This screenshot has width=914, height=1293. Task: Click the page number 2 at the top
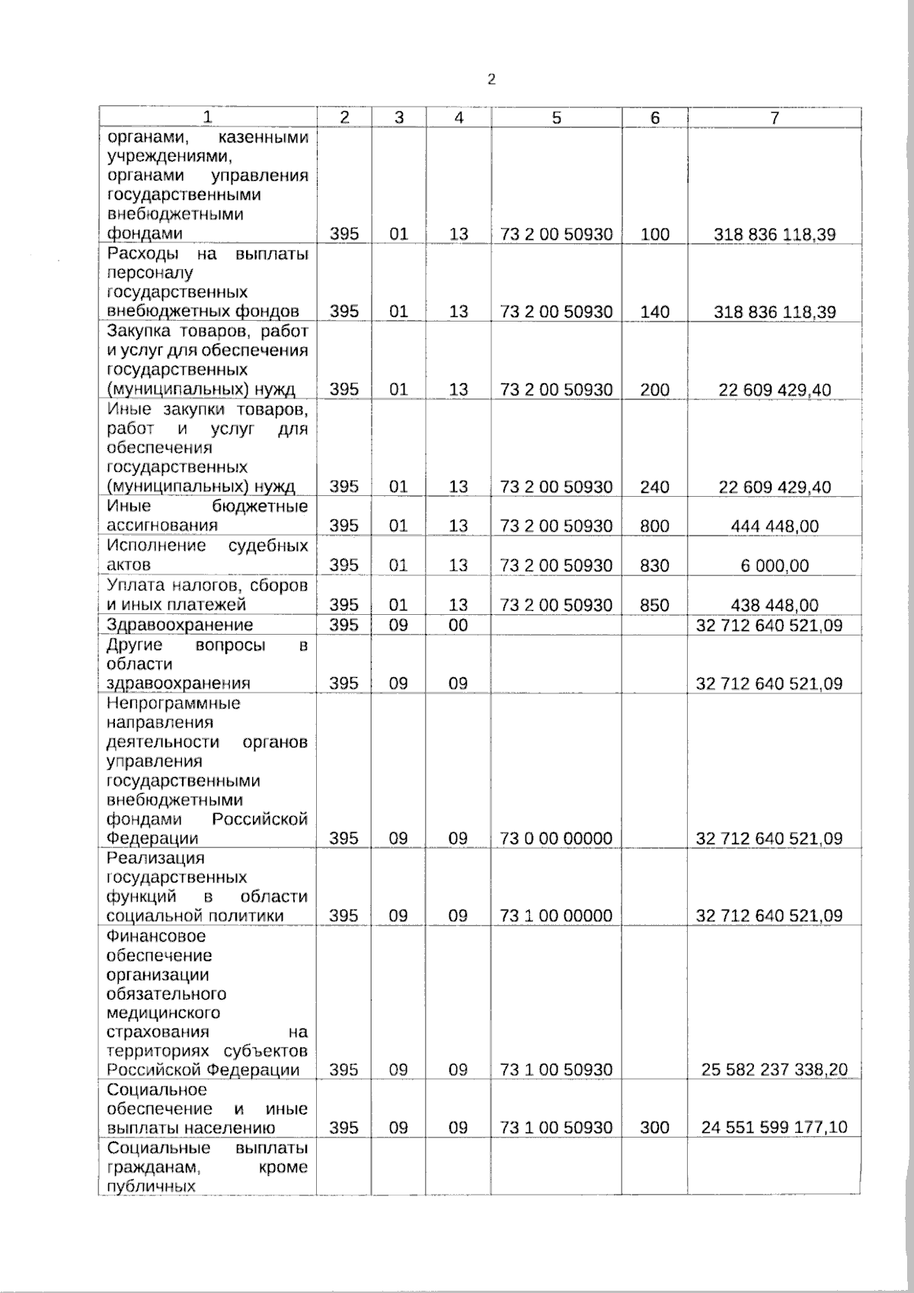click(x=491, y=79)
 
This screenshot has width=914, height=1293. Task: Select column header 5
click(x=556, y=117)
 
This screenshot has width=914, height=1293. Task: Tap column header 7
click(x=774, y=117)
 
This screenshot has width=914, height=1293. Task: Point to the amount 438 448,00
click(x=774, y=606)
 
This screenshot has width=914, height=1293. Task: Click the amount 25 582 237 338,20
click(x=774, y=1070)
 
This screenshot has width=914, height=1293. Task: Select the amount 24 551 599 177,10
click(x=774, y=1128)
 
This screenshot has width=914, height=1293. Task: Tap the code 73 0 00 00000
click(x=556, y=839)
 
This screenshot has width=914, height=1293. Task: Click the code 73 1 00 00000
click(x=556, y=916)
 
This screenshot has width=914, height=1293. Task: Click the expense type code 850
click(x=654, y=606)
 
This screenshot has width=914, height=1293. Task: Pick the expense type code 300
click(x=654, y=1128)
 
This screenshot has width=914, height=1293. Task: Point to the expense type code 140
click(x=654, y=312)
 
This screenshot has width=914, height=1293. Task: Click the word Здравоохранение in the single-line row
click(x=180, y=626)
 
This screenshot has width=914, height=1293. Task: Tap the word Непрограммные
click(x=174, y=703)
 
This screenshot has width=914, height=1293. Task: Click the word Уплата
click(x=133, y=586)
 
